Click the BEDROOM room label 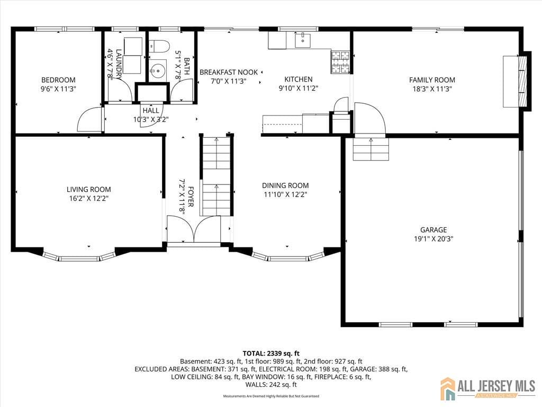[x=58, y=80]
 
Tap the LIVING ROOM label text [x=89, y=189]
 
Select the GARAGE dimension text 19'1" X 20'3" [x=433, y=238]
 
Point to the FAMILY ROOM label [x=432, y=80]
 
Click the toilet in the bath [x=158, y=45]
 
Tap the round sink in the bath [x=157, y=69]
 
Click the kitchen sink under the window [x=303, y=40]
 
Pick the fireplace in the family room [x=522, y=81]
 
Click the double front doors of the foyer [x=194, y=229]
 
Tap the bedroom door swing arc [x=88, y=119]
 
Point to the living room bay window [x=79, y=257]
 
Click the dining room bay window [x=288, y=258]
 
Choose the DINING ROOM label [x=285, y=185]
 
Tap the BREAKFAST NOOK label [x=229, y=72]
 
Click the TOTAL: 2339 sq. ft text [x=271, y=353]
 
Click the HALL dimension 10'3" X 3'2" [x=150, y=119]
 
